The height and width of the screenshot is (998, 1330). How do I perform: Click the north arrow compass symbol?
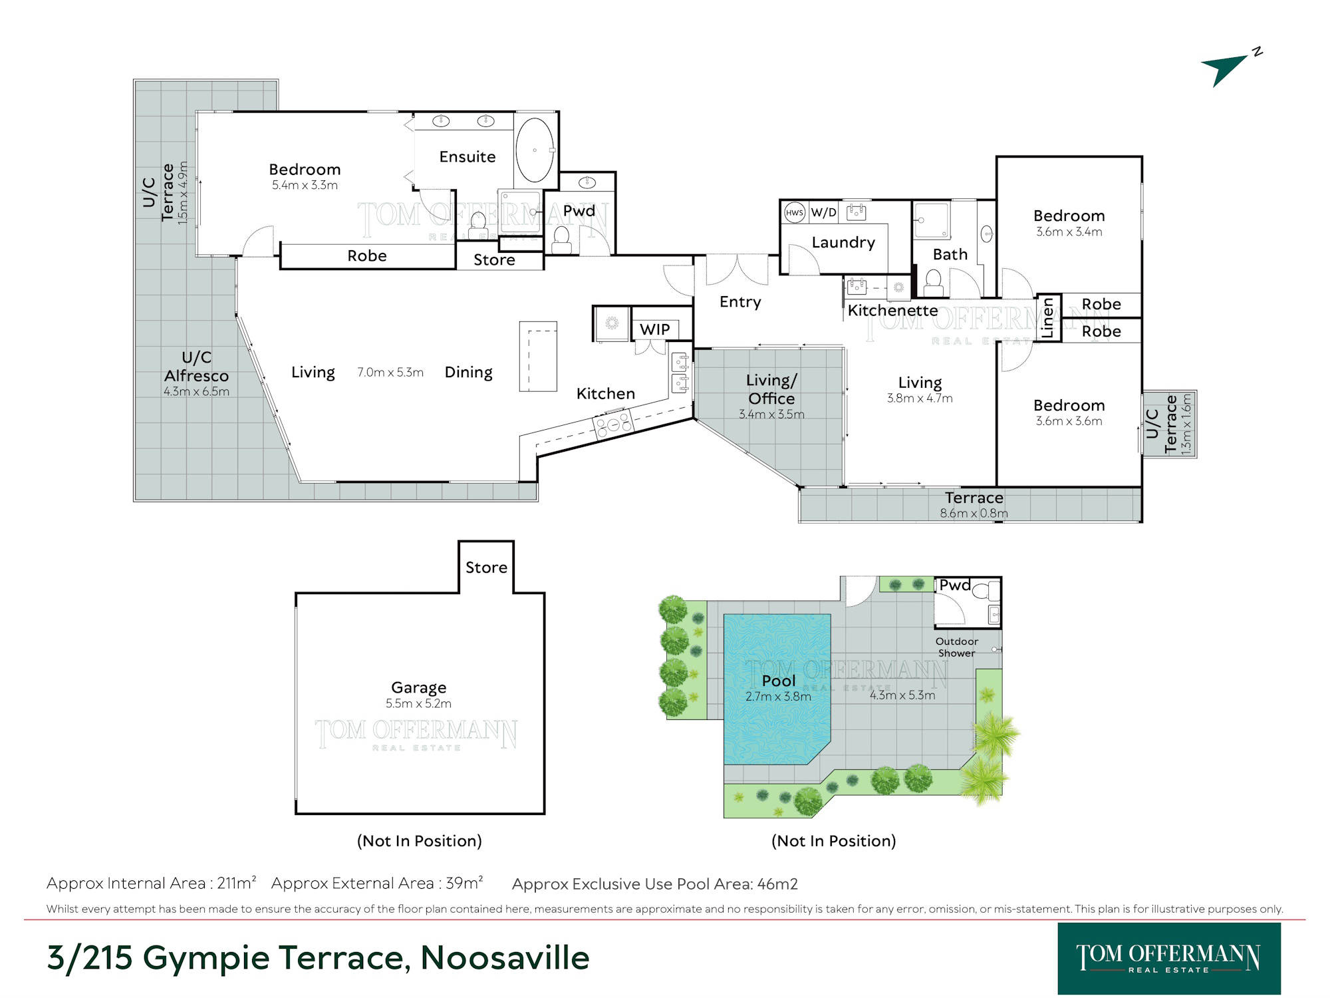click(1230, 68)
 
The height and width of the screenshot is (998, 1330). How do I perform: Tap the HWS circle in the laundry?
click(794, 213)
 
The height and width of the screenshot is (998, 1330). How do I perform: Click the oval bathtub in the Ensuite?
click(535, 150)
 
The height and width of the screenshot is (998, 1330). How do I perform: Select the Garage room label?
click(418, 687)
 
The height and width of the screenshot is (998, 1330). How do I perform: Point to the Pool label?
click(779, 681)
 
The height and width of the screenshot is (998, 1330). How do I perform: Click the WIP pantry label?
click(654, 329)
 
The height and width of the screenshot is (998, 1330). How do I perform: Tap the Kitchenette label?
click(892, 311)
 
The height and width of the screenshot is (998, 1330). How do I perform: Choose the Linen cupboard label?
click(1048, 318)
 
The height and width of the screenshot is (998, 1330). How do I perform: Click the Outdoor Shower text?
click(957, 647)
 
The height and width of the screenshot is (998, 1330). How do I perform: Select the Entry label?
click(740, 302)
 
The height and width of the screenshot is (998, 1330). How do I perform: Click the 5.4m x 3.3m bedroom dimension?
click(305, 186)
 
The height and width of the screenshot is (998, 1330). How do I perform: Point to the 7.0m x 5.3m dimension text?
click(390, 373)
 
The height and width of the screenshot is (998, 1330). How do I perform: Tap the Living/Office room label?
click(771, 389)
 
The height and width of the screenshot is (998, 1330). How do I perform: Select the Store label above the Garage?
click(486, 568)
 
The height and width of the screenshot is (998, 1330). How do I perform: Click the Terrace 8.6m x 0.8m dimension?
click(974, 514)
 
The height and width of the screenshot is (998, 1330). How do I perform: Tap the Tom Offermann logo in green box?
click(1169, 959)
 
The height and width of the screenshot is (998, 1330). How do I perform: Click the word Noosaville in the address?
click(505, 958)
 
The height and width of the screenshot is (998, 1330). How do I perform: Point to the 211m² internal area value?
click(237, 883)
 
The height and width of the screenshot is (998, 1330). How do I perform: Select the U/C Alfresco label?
click(196, 367)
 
